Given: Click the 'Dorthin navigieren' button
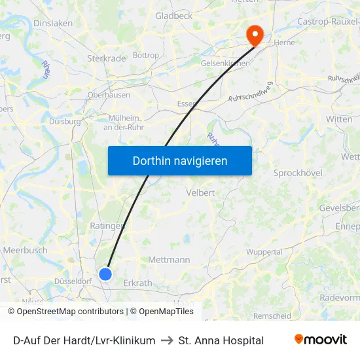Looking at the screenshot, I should [180, 160].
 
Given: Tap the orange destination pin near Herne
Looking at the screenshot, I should [253, 34].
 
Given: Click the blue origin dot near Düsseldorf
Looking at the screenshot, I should [105, 274].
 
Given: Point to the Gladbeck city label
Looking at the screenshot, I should [173, 16].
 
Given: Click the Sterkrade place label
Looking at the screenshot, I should [106, 58].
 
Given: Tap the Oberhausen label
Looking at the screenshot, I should [108, 94].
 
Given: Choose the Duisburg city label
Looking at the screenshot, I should [64, 121].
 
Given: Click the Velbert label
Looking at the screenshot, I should [200, 192].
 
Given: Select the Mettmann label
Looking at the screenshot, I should [169, 260].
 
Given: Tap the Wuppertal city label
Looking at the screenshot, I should [264, 252].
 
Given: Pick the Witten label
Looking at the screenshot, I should [338, 119].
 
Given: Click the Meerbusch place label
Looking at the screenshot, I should [25, 250].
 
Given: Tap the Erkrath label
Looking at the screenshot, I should [137, 283].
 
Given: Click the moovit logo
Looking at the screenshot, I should [321, 340].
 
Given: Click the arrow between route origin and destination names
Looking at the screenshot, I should [166, 340].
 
